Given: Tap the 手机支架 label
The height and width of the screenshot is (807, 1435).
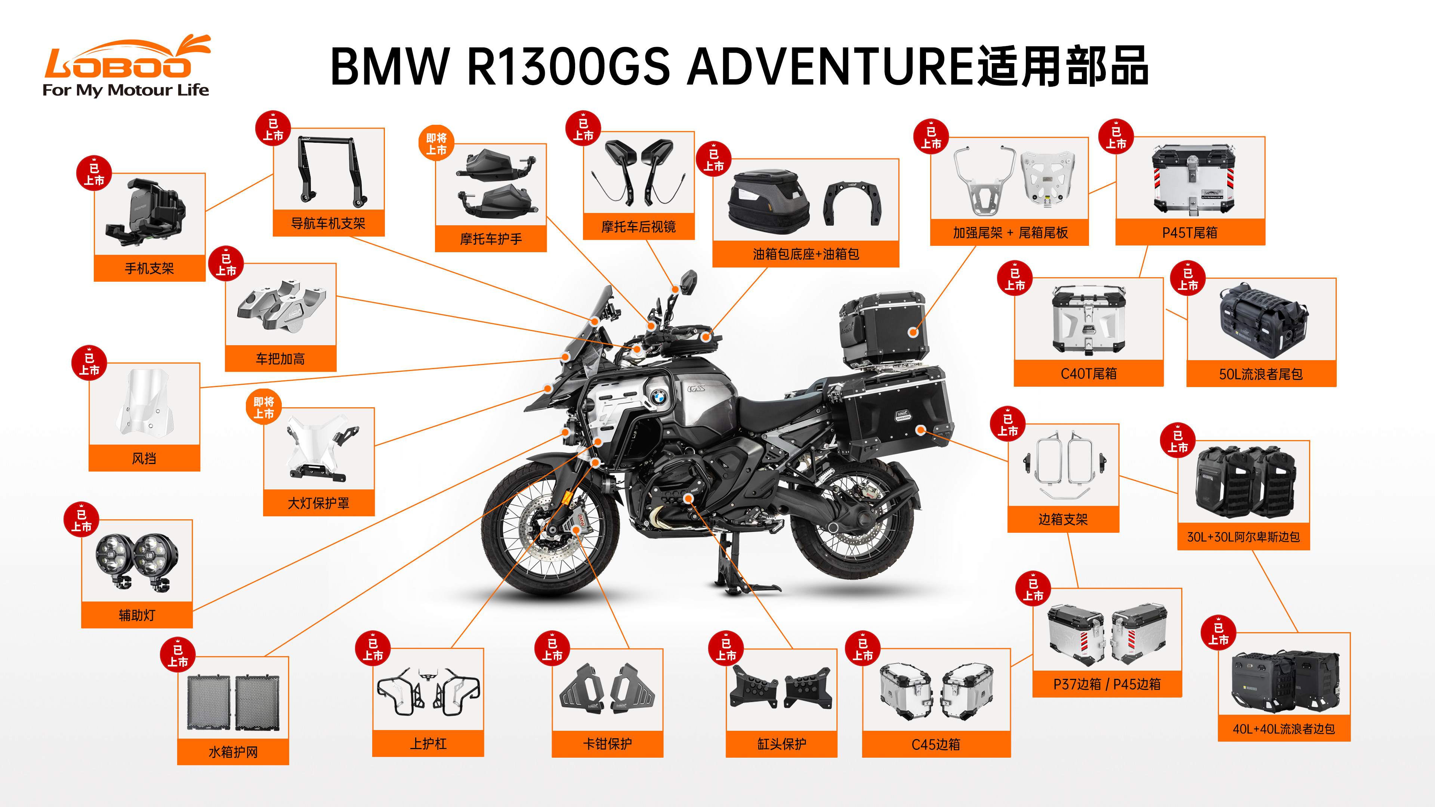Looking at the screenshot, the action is [149, 269].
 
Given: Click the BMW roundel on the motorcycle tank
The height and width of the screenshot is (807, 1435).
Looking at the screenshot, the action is [658, 397].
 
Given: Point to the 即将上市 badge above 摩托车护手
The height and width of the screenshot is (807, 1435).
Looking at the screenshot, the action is [436, 143].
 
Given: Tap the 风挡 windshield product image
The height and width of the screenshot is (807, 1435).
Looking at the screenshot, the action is [144, 402].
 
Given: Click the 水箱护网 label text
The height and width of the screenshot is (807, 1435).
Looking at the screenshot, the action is [233, 752].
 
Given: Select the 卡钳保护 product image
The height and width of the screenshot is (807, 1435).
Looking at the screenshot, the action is [607, 689].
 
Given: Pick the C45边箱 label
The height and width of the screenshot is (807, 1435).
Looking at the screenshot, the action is [936, 744].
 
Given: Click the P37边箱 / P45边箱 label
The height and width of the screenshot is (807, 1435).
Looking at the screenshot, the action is [1107, 684].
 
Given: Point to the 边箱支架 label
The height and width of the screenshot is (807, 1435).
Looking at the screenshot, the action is [1063, 519].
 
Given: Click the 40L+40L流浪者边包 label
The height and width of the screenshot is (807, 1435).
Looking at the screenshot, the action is [1284, 729].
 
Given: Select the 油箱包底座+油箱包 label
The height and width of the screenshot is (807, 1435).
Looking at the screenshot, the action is [806, 254].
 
